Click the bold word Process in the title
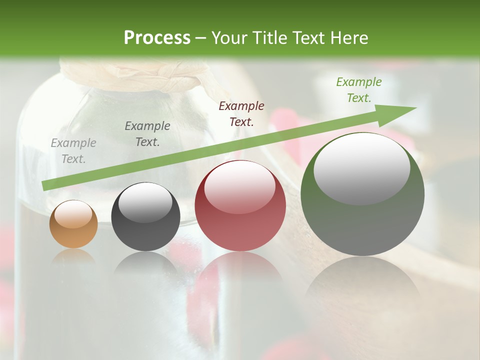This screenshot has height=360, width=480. (157, 38)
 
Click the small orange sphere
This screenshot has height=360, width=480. (73, 224)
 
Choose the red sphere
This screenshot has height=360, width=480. (240, 206)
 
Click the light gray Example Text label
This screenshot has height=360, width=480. (73, 151)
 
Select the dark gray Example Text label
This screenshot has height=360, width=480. (147, 134)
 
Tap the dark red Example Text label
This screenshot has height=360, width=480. (241, 113)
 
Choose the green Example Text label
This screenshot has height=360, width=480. (359, 90)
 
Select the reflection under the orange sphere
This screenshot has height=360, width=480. (73, 256)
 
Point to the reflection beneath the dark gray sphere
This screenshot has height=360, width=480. (145, 263)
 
